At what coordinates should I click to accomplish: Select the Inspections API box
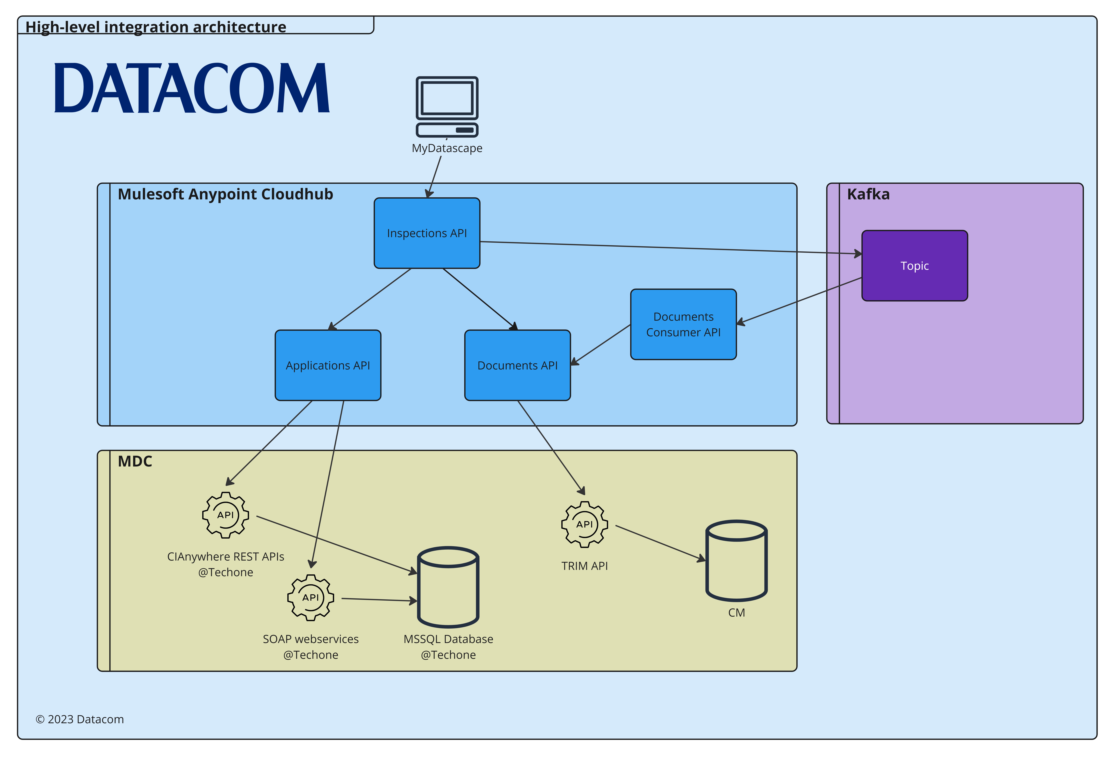pos(427,233)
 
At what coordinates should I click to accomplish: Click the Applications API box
pos(328,365)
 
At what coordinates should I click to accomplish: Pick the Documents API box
pos(517,365)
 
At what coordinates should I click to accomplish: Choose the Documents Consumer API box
pos(683,324)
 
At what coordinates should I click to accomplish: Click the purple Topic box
pos(914,266)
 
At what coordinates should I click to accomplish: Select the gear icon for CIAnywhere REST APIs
pos(225,515)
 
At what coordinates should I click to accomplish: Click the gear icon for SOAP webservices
pos(311,598)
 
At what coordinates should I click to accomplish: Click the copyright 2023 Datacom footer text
pos(80,719)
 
